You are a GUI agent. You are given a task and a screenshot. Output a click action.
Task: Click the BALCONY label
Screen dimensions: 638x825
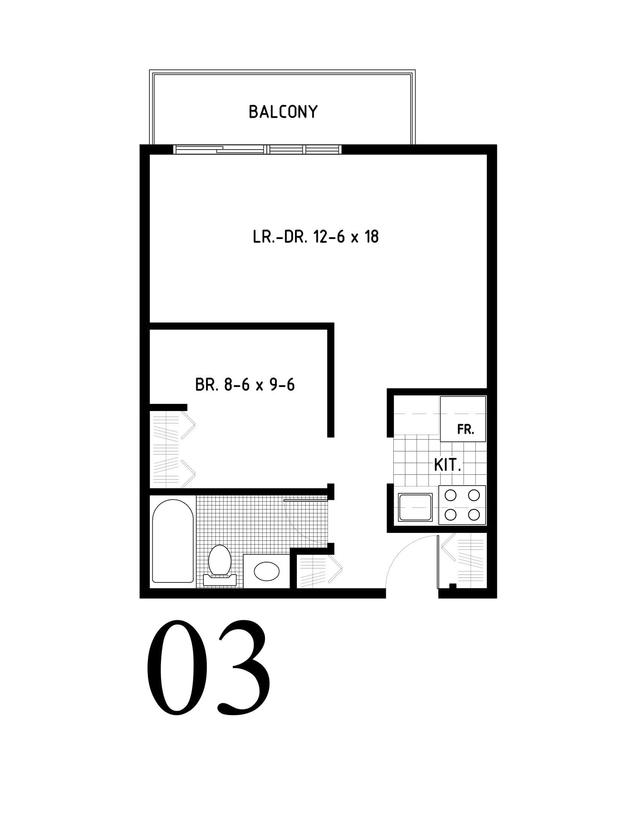[283, 112]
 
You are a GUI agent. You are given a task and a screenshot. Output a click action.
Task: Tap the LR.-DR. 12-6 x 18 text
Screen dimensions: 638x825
[316, 237]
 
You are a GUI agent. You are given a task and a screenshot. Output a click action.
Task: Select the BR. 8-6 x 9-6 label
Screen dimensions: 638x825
[245, 384]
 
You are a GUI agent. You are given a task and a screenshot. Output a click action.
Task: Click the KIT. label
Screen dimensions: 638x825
[447, 465]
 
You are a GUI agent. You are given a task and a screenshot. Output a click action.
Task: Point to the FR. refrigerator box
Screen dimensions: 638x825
[463, 419]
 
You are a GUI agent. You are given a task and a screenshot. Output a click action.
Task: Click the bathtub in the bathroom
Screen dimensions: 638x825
[173, 541]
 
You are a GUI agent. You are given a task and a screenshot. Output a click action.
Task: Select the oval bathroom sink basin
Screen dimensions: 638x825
[266, 571]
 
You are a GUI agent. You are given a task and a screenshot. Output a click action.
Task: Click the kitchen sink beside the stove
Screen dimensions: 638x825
[415, 507]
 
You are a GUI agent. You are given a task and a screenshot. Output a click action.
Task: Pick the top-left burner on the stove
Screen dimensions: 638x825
[450, 495]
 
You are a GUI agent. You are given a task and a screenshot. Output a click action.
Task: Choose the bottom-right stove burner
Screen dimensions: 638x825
[474, 514]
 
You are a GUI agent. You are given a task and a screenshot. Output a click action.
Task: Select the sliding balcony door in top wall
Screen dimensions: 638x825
[257, 150]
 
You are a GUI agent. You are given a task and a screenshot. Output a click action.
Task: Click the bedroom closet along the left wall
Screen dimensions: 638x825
[172, 450]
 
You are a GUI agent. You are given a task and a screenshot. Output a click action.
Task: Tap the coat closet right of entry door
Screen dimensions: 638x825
[462, 561]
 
